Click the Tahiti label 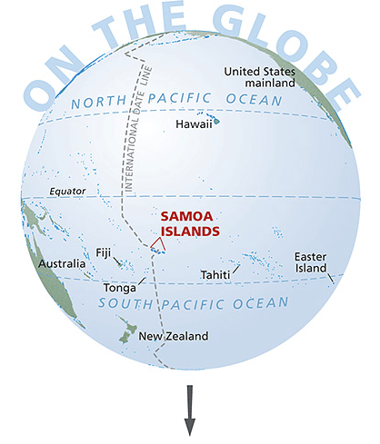click(215, 275)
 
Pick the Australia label click(63, 265)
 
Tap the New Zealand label click(174, 336)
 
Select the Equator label click(67, 192)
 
